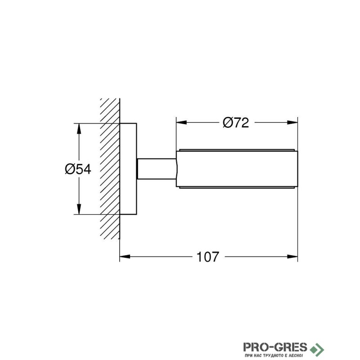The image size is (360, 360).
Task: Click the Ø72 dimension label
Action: [x=236, y=123]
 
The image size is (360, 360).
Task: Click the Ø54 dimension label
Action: [x=78, y=169]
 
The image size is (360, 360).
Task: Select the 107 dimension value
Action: [x=208, y=257]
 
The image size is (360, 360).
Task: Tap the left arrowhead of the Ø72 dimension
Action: [x=181, y=122]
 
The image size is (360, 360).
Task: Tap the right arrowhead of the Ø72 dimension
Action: [x=292, y=122]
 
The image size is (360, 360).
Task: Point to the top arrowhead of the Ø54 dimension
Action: [x=79, y=129]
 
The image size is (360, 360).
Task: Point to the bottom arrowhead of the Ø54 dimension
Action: [x=79, y=209]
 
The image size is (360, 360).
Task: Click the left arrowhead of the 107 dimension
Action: [x=125, y=256]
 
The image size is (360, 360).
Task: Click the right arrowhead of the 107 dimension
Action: [x=292, y=256]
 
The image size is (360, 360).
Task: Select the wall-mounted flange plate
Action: [x=128, y=169]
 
